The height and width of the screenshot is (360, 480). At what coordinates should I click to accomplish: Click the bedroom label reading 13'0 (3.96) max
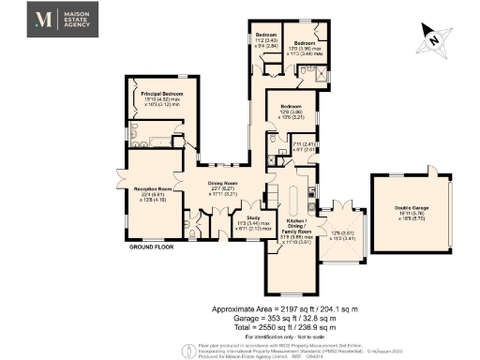point(306,48)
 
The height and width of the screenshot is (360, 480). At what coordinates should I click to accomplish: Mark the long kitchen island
point(293,200)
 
